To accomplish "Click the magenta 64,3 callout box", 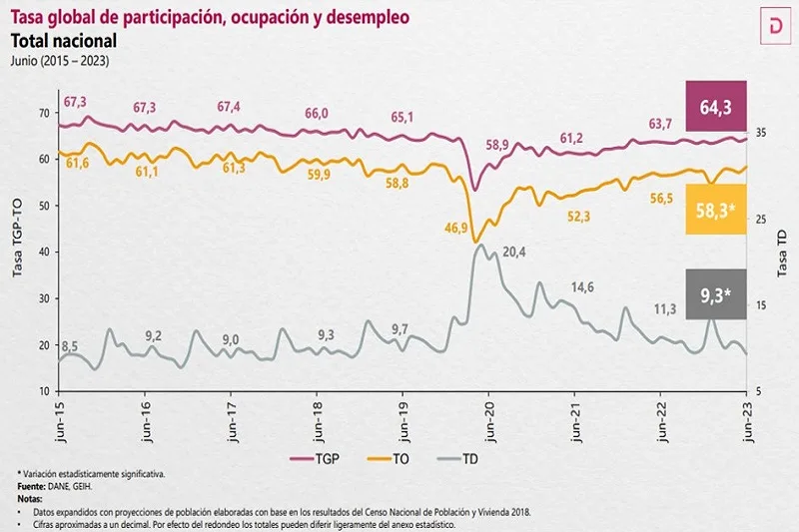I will click(717, 103).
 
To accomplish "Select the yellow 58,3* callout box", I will click(717, 211).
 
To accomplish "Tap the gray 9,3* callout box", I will click(717, 294).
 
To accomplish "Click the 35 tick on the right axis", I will click(762, 133).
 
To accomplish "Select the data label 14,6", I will click(581, 287).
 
